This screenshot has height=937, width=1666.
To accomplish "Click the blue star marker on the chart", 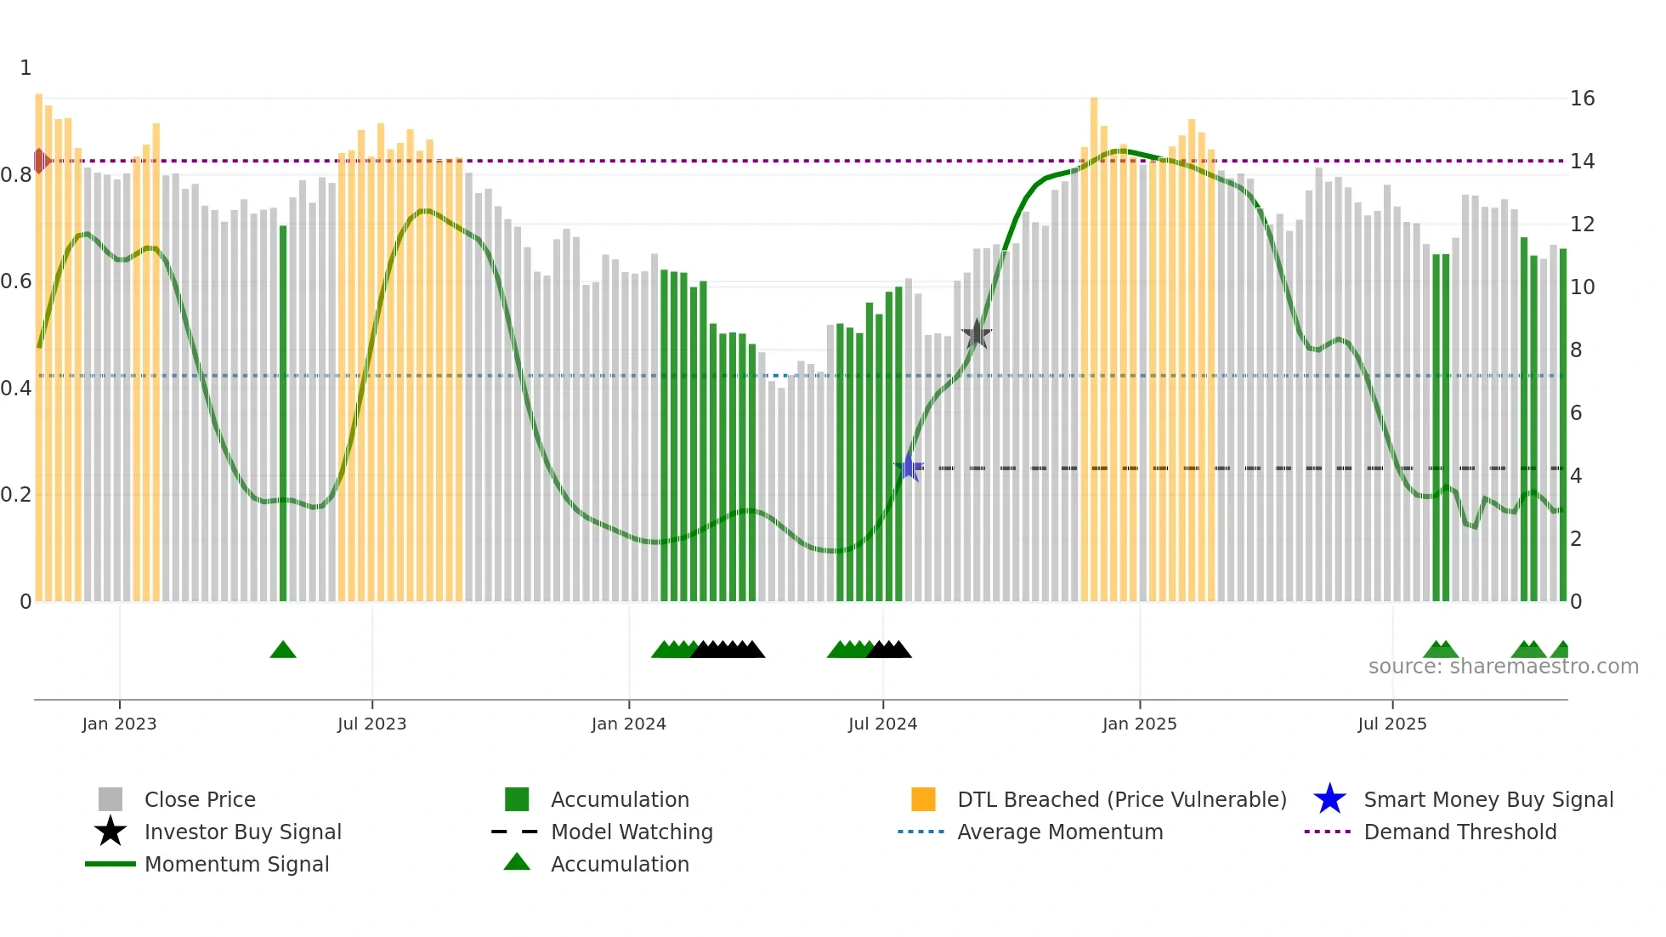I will click(909, 468).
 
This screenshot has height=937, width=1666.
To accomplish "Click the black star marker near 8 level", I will click(977, 334).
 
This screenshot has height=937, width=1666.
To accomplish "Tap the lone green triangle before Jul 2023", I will click(283, 650).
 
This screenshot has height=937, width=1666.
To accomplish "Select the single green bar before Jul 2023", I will click(283, 413).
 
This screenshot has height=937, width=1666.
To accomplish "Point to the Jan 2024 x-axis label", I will click(628, 724).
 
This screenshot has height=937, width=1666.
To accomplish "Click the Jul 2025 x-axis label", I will click(1391, 724).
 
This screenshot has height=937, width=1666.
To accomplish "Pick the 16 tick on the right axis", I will click(1582, 99).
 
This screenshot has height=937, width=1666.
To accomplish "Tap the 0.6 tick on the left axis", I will click(17, 281).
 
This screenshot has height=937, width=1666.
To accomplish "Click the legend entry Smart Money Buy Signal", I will click(1487, 799).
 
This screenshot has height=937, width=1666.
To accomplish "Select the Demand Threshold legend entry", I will click(1459, 832).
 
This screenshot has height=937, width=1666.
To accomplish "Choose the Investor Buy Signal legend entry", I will click(242, 832).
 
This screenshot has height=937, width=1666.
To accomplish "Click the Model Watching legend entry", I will click(632, 832).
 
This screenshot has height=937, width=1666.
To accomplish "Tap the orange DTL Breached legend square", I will click(923, 799).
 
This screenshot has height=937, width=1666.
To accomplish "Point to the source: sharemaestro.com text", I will click(1503, 667).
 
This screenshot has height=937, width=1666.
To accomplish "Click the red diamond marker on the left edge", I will click(40, 161).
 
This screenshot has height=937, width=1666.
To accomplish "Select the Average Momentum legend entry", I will click(1059, 832).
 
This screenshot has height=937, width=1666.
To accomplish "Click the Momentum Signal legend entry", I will click(236, 864).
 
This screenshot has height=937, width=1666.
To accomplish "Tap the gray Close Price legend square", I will click(110, 799).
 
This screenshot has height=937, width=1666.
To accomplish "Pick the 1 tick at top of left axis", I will click(25, 68).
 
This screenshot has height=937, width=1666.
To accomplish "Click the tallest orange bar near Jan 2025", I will click(1094, 349).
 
